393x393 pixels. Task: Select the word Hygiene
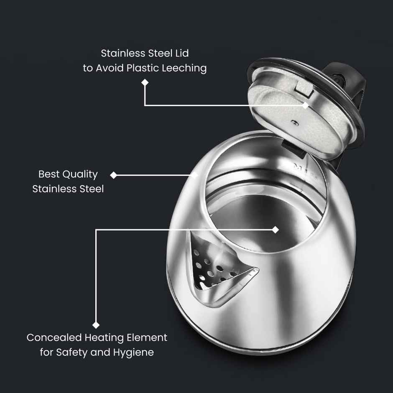(x=133, y=353)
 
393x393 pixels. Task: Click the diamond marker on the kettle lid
(x=306, y=105)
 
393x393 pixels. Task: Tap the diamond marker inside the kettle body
(x=275, y=230)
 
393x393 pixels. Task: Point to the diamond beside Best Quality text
(x=113, y=175)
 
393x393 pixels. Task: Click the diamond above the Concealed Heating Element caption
(x=96, y=325)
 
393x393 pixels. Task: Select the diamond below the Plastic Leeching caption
(x=145, y=83)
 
